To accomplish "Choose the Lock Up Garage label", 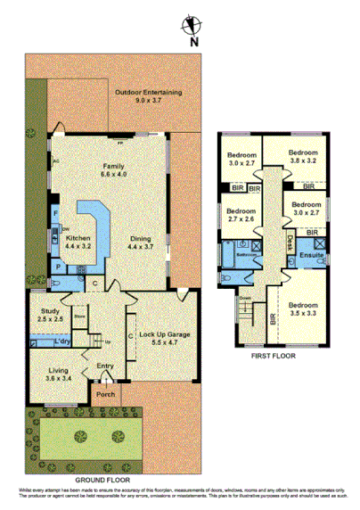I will pos(160,336).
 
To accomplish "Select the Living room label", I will pos(46,367).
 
